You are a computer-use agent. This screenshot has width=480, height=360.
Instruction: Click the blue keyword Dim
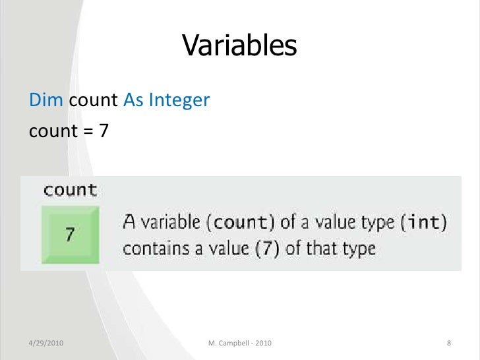(x=46, y=100)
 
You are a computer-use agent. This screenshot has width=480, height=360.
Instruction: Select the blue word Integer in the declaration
(x=179, y=100)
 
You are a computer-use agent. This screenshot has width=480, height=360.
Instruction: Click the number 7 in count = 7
(x=103, y=131)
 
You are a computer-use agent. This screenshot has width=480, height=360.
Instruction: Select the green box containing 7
(x=69, y=233)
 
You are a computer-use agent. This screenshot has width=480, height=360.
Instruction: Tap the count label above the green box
(x=70, y=191)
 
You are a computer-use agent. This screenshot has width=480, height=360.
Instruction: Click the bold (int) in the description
(x=422, y=223)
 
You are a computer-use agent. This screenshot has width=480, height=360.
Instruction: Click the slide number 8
(x=448, y=344)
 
